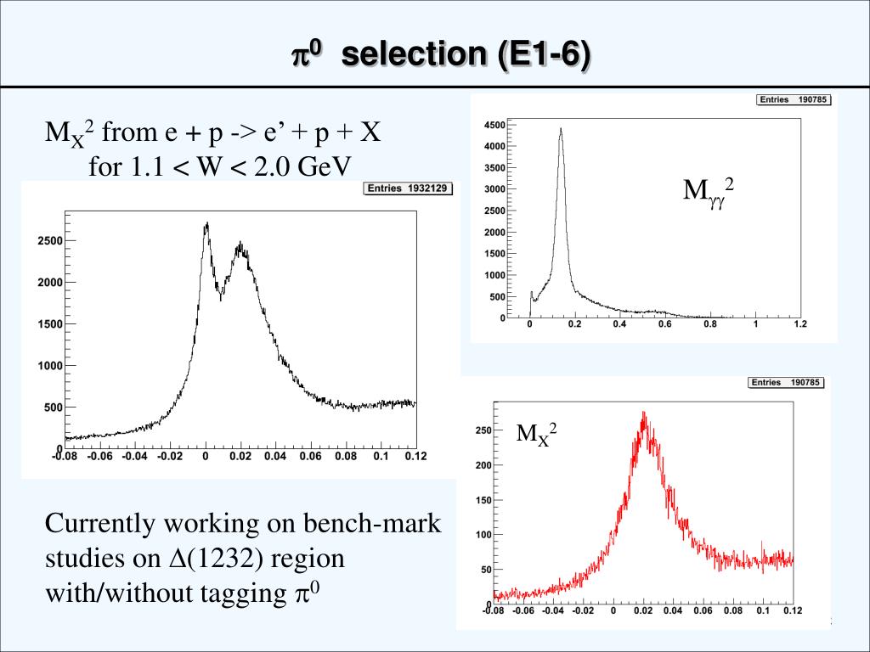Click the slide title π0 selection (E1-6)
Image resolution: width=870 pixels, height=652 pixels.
pyautogui.click(x=440, y=55)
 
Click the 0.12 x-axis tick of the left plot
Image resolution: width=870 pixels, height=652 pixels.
pyautogui.click(x=415, y=457)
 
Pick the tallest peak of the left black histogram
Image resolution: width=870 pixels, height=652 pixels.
pyautogui.click(x=206, y=224)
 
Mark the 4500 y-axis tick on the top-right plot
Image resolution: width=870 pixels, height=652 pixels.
pyautogui.click(x=494, y=126)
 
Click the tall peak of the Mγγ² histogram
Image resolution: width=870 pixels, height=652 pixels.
pyautogui.click(x=561, y=130)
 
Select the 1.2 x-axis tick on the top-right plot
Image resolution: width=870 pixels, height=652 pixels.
pyautogui.click(x=799, y=324)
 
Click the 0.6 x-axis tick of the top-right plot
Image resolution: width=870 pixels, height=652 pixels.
pyautogui.click(x=664, y=324)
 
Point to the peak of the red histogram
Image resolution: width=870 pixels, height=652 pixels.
pyautogui.click(x=644, y=414)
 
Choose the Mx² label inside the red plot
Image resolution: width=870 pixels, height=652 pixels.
pyautogui.click(x=537, y=434)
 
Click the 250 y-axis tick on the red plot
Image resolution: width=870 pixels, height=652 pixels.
pyautogui.click(x=482, y=431)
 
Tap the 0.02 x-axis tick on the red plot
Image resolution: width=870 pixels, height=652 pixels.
pyautogui.click(x=642, y=610)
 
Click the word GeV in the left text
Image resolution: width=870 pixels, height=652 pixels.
pyautogui.click(x=324, y=166)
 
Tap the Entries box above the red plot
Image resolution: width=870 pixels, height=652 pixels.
pyautogui.click(x=786, y=383)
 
